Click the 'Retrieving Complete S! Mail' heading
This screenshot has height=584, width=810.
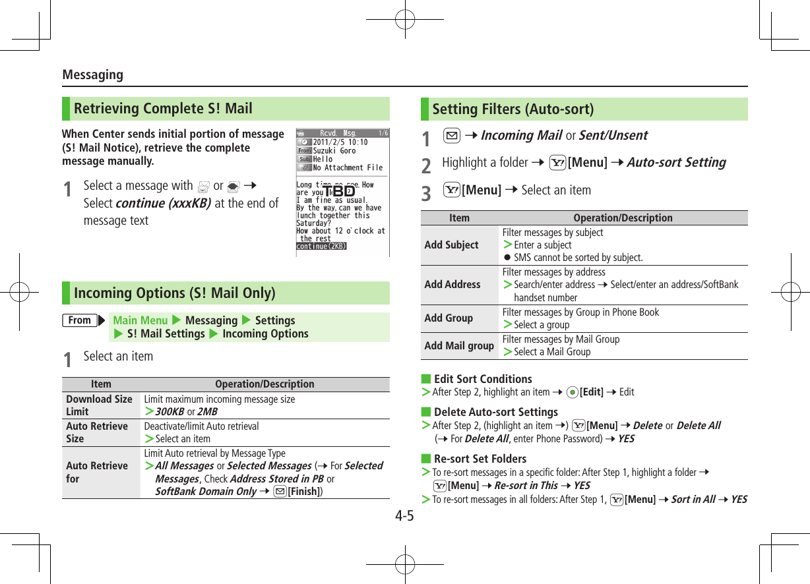[x=163, y=109]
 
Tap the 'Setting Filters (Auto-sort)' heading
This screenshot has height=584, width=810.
[x=513, y=109]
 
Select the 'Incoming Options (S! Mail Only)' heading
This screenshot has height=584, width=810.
[x=174, y=293]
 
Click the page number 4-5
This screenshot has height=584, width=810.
[x=404, y=515]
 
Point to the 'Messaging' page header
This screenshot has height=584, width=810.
[x=92, y=75]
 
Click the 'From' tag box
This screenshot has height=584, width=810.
[x=80, y=320]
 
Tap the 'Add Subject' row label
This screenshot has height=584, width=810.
[x=451, y=245]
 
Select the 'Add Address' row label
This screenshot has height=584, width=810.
[x=452, y=285]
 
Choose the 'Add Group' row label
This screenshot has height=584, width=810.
[x=449, y=318]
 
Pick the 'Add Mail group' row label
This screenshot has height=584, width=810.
[x=459, y=346]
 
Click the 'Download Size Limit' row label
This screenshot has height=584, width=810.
[x=99, y=405]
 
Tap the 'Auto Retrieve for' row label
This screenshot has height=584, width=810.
[x=97, y=472]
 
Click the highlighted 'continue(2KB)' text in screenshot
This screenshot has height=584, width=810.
[x=321, y=247]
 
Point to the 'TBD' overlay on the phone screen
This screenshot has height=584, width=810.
[x=339, y=191]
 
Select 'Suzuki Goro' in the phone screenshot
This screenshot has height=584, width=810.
[x=334, y=151]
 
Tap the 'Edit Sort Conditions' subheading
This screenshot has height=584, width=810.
[x=483, y=379]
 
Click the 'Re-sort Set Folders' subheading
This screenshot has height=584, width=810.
[x=480, y=459]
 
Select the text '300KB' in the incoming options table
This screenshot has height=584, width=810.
[x=169, y=412]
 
